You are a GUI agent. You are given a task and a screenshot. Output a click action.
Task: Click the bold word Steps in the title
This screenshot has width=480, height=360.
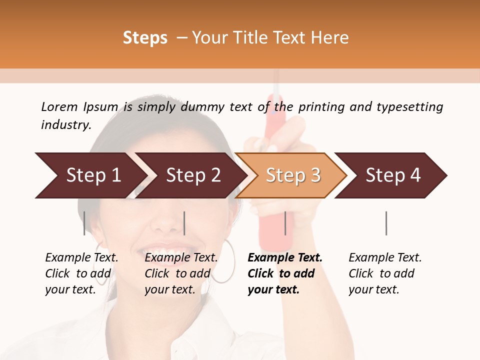(x=145, y=38)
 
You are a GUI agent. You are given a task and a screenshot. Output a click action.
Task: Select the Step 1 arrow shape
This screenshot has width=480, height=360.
(x=90, y=175)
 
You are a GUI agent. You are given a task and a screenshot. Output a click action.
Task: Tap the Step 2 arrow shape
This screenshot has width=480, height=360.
(x=192, y=175)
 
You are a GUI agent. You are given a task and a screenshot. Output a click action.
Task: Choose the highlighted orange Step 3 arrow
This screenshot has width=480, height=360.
(x=292, y=175)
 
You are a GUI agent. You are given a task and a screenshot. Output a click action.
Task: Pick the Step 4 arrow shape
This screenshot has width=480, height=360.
(x=392, y=175)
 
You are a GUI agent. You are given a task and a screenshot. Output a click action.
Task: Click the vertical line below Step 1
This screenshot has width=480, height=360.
(x=84, y=223)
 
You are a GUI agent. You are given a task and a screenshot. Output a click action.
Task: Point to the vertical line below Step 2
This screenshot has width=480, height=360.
(x=184, y=223)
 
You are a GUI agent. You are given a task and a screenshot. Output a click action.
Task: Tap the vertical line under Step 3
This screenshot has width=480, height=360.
(x=285, y=223)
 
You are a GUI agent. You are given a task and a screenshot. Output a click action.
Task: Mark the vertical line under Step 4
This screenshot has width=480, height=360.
(x=386, y=223)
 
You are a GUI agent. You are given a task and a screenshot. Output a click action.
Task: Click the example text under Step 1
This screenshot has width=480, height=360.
(x=81, y=273)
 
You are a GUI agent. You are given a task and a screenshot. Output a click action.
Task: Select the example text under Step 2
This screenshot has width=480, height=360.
(x=181, y=273)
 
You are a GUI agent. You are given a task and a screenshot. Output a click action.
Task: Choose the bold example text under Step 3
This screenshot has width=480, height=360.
(x=285, y=273)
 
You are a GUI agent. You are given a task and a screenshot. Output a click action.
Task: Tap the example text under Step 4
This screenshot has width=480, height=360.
(x=385, y=273)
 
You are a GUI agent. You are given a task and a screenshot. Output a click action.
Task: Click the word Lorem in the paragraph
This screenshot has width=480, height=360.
(x=59, y=106)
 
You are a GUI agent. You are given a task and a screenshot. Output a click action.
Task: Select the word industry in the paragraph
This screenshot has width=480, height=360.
(x=65, y=124)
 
